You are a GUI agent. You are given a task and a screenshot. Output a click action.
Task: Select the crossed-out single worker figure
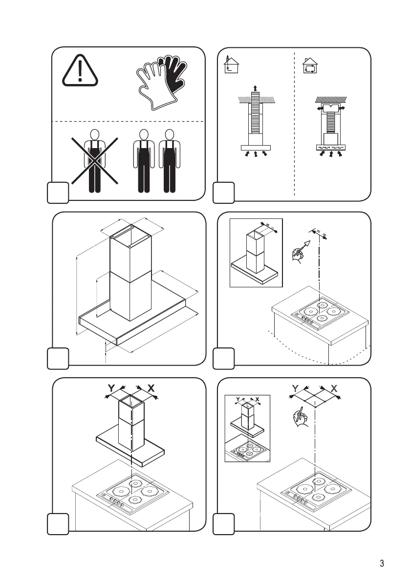[95, 161]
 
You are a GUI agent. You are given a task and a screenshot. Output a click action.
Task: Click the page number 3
[382, 563]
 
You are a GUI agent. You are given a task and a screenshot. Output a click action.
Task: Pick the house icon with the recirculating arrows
[310, 65]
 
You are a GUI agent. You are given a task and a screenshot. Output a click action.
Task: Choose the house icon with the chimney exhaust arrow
[231, 65]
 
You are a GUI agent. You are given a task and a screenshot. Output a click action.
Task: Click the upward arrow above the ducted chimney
[255, 87]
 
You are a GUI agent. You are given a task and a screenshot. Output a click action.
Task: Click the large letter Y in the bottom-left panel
[111, 388]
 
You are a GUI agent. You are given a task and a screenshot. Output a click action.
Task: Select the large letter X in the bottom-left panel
[151, 388]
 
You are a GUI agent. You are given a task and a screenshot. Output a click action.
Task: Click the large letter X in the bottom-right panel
[334, 388]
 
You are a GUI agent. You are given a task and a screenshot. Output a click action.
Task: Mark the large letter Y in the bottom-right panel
[295, 388]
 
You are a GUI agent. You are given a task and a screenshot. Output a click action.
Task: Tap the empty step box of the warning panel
[58, 193]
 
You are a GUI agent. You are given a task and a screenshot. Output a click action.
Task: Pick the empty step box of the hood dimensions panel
[58, 359]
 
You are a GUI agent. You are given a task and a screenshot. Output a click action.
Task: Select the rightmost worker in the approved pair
[170, 161]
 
